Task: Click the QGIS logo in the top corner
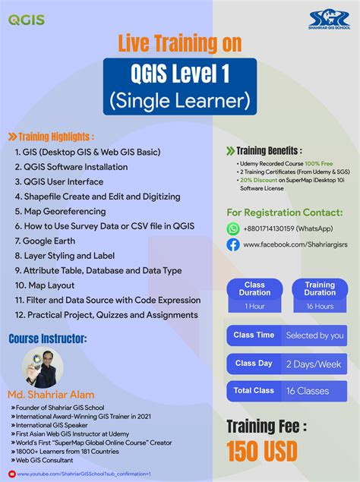(x=27, y=20)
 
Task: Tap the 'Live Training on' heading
(x=179, y=46)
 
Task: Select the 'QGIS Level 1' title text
(x=179, y=74)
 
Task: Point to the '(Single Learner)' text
(x=179, y=99)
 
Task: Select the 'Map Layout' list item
(x=49, y=285)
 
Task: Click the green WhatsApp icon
(x=233, y=228)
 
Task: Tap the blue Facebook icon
(x=233, y=244)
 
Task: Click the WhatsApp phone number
(x=283, y=228)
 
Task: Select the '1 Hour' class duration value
(x=254, y=306)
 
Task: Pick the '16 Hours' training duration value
(x=320, y=306)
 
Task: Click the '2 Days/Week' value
(x=313, y=364)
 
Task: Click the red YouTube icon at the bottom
(x=12, y=474)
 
